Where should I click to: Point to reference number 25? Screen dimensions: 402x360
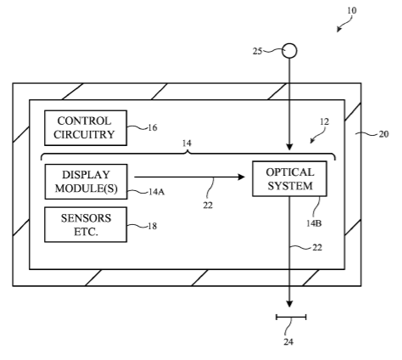coord(257,51)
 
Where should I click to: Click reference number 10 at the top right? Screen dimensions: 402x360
coord(352,11)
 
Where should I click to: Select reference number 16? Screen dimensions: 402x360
coord(153,128)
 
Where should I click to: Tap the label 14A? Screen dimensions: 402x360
coord(156,192)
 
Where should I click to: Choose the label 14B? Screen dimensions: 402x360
coord(314,223)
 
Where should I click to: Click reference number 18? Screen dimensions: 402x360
coord(152,226)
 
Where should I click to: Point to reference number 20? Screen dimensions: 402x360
coord(383,134)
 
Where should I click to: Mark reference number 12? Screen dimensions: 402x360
coord(324,121)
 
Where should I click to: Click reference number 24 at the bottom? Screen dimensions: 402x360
coord(288,342)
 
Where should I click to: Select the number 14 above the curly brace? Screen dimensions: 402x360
coord(187,143)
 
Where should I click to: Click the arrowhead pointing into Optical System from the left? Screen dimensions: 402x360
coord(242,177)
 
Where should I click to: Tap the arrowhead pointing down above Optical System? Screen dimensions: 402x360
coord(289,147)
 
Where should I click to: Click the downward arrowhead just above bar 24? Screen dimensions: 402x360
coord(289,304)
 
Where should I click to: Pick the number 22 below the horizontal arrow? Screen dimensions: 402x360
coord(208,205)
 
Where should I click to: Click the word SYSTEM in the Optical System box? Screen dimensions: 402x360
coord(290,186)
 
